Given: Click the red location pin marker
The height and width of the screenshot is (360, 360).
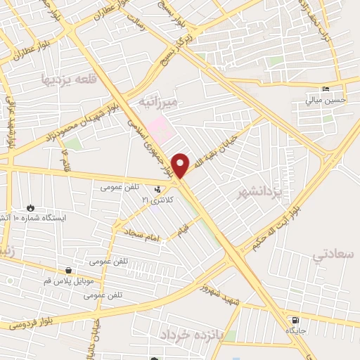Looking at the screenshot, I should coord(181,165).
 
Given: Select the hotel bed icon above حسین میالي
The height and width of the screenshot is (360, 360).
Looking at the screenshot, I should coord(325,89).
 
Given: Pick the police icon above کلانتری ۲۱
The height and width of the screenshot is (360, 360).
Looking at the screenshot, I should coord(157,189).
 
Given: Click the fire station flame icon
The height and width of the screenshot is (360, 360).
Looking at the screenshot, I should coord(30,207).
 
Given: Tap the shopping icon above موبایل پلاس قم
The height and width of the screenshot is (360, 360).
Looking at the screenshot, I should coord(67,271).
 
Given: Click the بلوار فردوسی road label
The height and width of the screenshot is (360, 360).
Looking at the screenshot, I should coord(33,324).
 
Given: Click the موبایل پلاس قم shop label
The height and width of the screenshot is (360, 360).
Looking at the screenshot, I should coord(67,281).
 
